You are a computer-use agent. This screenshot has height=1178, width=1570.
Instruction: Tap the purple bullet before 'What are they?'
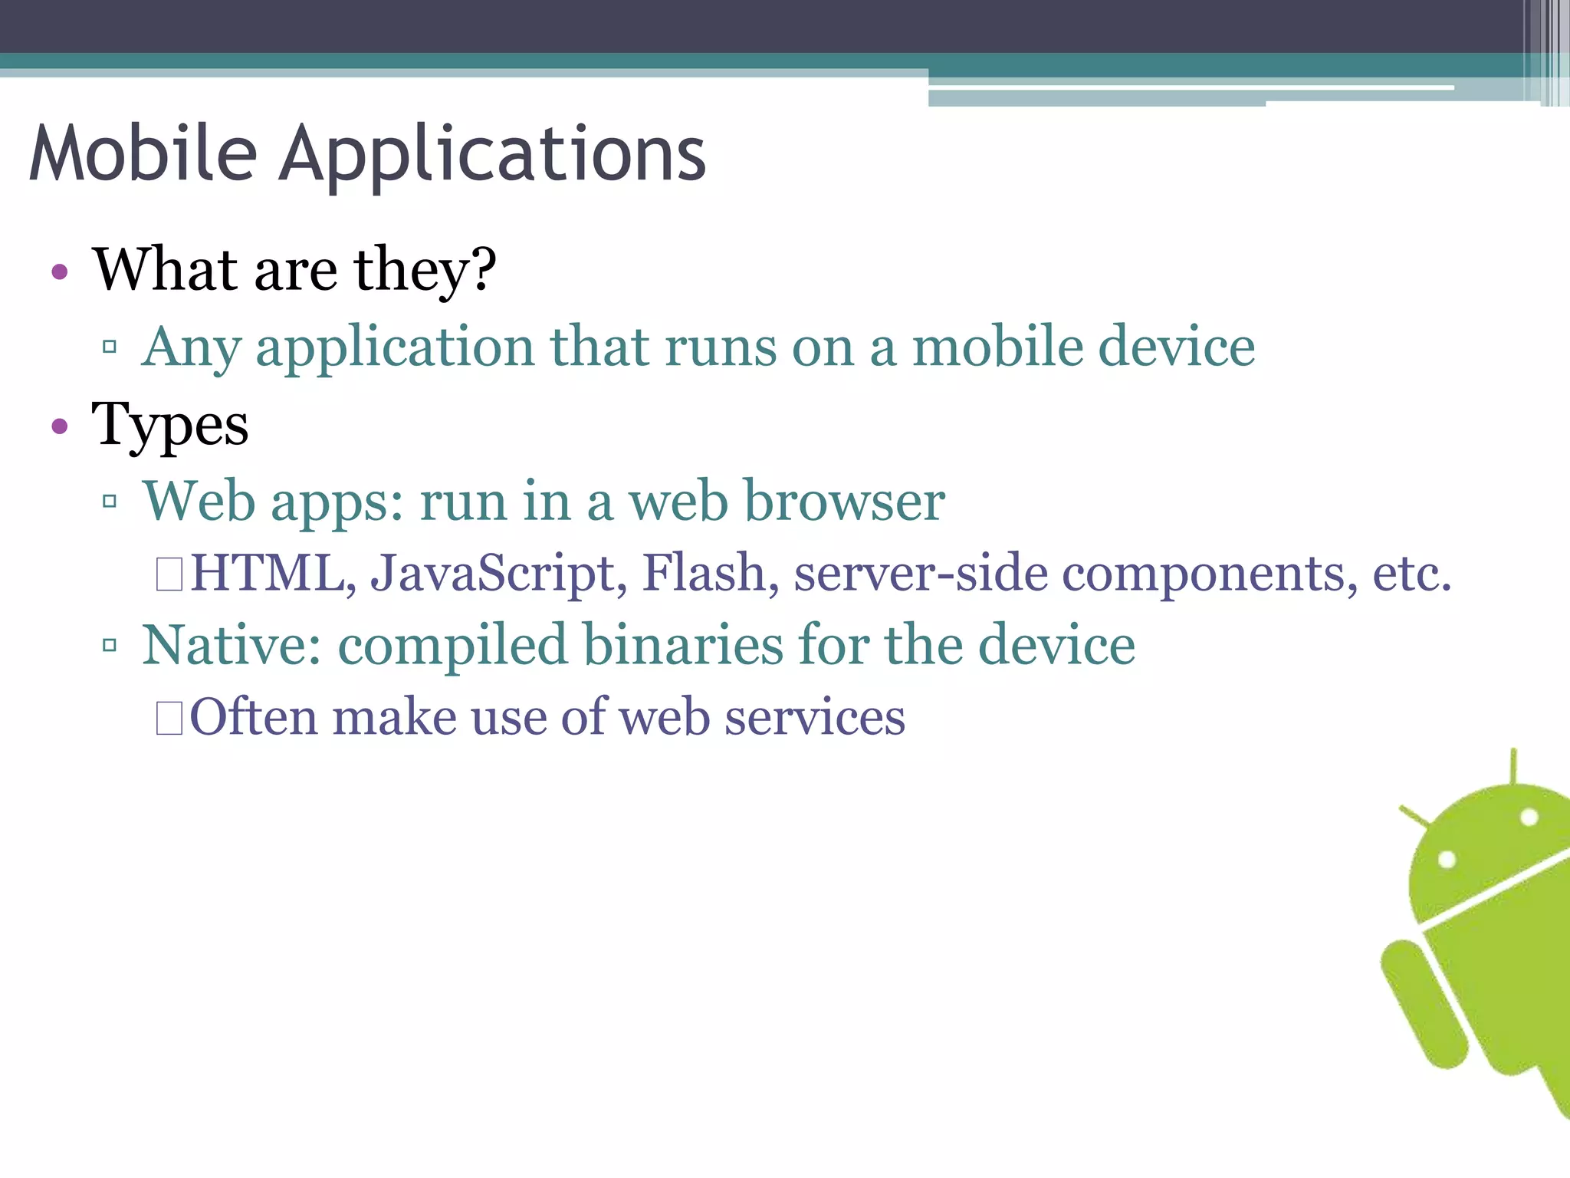click(x=60, y=271)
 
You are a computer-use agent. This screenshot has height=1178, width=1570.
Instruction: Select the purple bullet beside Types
click(x=60, y=426)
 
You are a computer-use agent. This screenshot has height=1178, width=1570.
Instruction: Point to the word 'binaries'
click(x=683, y=645)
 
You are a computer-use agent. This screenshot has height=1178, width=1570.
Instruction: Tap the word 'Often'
click(x=254, y=718)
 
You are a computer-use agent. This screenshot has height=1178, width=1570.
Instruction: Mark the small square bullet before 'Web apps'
click(x=110, y=502)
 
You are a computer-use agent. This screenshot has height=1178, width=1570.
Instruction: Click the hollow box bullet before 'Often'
click(x=169, y=719)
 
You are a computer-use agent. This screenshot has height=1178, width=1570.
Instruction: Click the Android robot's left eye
click(x=1447, y=859)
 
